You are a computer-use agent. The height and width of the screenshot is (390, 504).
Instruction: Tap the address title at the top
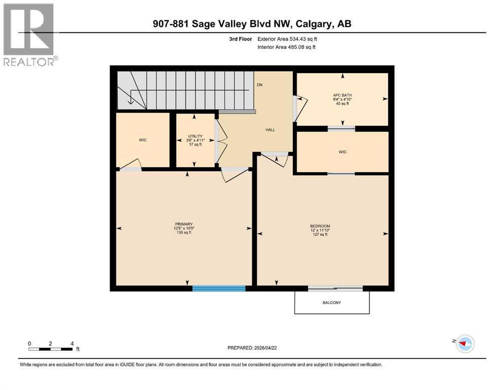pos(252,23)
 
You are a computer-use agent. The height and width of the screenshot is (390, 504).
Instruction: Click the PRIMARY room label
pos(183,224)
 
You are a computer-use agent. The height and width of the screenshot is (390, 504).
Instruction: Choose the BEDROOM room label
pos(320,226)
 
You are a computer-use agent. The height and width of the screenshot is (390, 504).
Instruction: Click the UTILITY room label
pos(195,136)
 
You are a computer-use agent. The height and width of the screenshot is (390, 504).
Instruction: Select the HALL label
pos(270,130)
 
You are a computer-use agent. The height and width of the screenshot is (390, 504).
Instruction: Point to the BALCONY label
pos(332,303)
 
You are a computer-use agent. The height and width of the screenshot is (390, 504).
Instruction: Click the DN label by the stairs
pos(259,85)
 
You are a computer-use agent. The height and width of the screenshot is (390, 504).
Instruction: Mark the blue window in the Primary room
pos(219,288)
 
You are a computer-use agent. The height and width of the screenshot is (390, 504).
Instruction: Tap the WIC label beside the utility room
pos(143,140)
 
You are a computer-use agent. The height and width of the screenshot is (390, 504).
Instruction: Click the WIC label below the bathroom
pos(343,152)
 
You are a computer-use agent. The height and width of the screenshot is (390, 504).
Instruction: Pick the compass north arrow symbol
pos(464,344)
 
